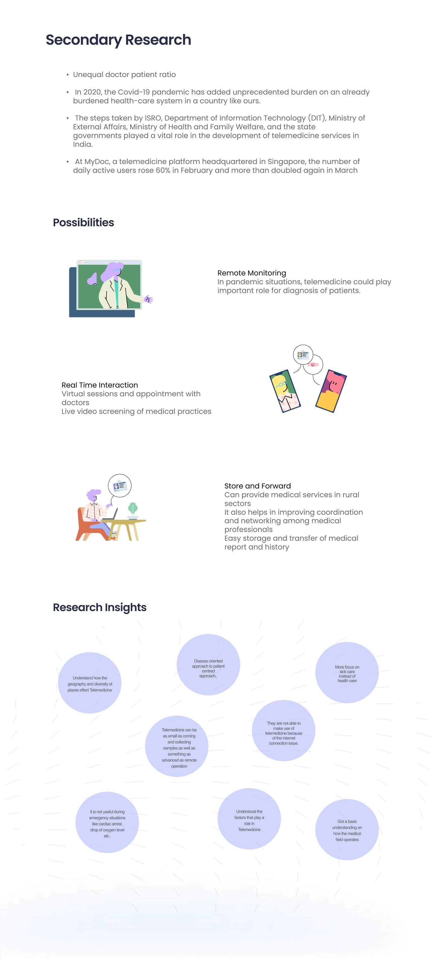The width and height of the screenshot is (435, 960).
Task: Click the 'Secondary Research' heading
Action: click(118, 40)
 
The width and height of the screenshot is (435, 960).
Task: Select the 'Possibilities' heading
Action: click(83, 223)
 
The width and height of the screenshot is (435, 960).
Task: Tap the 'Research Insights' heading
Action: click(99, 607)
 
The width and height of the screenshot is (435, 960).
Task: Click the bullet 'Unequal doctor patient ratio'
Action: click(124, 75)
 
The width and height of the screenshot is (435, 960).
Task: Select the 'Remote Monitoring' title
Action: click(252, 273)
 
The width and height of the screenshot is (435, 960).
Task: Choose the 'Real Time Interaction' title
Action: click(99, 385)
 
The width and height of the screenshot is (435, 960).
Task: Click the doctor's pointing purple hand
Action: click(149, 299)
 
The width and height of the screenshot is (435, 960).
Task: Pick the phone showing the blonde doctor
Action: click(285, 391)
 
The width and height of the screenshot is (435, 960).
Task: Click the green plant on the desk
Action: click(133, 509)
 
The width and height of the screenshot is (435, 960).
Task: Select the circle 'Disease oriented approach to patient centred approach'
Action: click(208, 665)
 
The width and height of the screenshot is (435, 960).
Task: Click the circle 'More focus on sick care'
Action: click(347, 672)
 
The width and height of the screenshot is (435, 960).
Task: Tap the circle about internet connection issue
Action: click(283, 730)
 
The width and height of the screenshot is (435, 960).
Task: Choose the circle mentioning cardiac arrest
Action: click(107, 822)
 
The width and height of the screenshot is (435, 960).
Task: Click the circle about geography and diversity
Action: click(89, 683)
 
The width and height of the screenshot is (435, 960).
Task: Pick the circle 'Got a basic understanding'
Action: click(347, 830)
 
